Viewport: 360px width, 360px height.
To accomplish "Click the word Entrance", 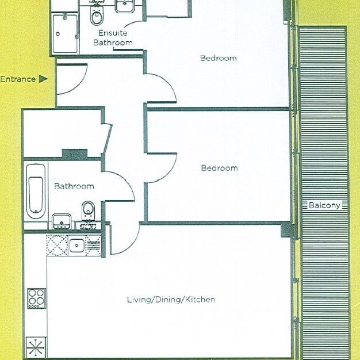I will pos(18,79).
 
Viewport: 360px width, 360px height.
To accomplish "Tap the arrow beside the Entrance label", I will pos(43,79).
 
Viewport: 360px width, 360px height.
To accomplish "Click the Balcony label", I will pos(324,205).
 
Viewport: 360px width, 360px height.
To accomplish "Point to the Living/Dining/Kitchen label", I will pos(171,300).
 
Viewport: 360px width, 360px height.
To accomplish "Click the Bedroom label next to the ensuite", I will pos(218,58).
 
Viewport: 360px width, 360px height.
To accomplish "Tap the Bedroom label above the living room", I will pos(219,168).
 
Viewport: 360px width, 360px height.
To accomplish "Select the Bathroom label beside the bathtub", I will pos(74,186).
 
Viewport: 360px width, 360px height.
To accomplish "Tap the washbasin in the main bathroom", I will pos(62,221).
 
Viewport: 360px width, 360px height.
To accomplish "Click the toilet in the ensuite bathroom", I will pos(96,17).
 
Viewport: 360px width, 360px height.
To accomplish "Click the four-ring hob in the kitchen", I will pos(36,299).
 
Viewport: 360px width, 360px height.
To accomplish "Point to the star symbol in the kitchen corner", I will pos(36,348).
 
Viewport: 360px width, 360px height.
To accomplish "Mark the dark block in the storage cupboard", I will pos(74,154).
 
